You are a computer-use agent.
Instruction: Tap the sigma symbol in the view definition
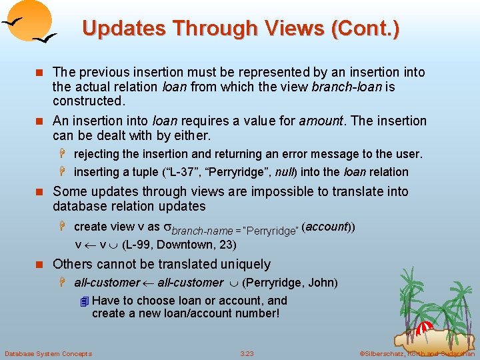click(168, 227)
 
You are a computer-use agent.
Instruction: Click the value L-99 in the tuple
click(137, 245)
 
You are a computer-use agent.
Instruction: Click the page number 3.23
click(247, 353)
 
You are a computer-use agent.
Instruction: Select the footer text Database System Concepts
click(48, 353)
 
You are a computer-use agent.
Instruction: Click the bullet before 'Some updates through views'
click(41, 193)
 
